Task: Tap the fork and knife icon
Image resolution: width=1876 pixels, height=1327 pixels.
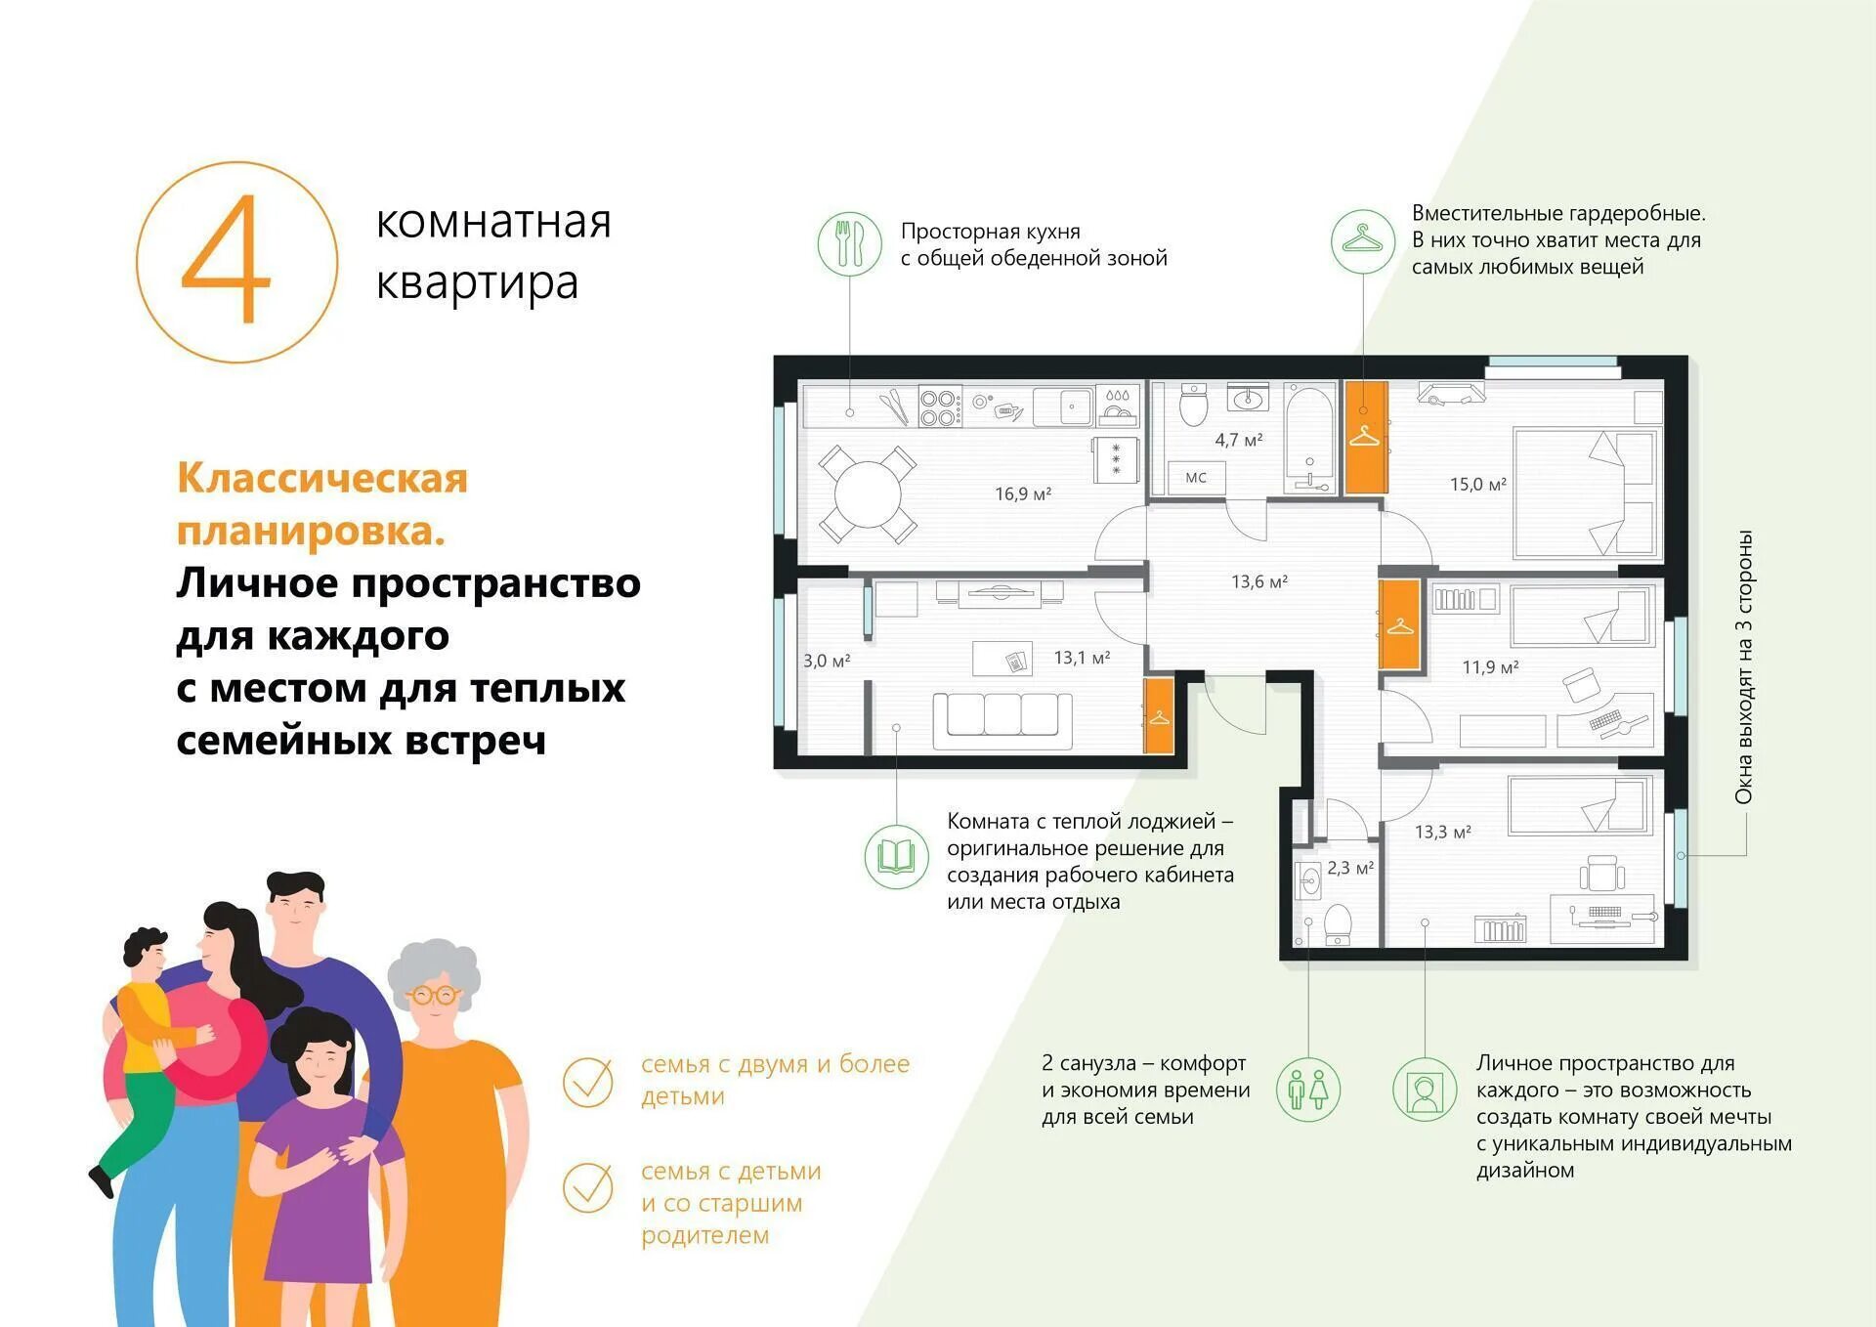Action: click(850, 243)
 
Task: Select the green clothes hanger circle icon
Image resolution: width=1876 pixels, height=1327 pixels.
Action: click(1363, 241)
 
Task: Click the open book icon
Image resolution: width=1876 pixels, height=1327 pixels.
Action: click(896, 857)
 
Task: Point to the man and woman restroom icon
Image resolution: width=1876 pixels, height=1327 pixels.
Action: click(1308, 1090)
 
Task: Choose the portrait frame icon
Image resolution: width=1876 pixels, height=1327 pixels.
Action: click(1425, 1090)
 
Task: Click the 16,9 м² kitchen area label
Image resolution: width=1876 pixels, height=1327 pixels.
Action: click(1023, 494)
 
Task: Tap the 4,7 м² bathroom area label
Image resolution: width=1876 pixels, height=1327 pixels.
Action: click(1239, 440)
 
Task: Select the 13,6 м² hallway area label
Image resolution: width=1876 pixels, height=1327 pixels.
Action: click(1259, 581)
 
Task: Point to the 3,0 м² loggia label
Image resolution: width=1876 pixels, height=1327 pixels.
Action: click(827, 661)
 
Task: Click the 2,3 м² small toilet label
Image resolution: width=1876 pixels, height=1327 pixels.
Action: click(1350, 868)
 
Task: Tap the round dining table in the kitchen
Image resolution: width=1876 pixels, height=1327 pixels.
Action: click(868, 494)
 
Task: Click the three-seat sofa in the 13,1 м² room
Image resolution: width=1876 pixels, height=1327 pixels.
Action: click(1002, 721)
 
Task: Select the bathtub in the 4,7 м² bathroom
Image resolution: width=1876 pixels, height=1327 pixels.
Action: click(1309, 439)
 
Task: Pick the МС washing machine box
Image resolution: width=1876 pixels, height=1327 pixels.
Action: click(1196, 477)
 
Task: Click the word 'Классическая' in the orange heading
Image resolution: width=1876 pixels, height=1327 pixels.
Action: click(322, 478)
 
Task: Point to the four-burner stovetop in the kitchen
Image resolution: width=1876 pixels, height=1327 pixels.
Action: click(940, 407)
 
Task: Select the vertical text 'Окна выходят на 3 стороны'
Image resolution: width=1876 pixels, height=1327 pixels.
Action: click(1744, 667)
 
